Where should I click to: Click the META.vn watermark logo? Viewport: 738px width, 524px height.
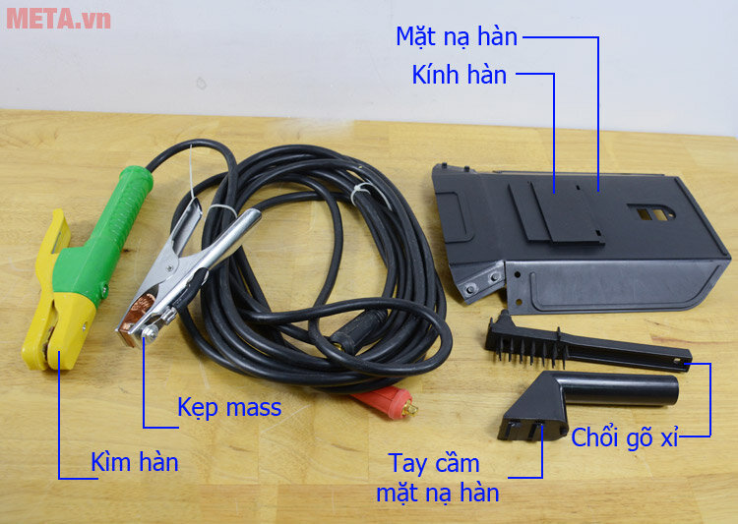click(58, 19)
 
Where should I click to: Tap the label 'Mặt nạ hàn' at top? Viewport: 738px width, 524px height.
click(457, 36)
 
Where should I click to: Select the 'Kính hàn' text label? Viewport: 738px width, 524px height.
click(459, 75)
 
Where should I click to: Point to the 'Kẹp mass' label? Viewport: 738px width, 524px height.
click(229, 407)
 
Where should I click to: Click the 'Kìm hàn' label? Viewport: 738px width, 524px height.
click(135, 461)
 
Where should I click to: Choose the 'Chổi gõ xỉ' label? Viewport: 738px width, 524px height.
click(625, 437)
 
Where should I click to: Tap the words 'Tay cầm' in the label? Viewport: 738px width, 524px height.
click(434, 464)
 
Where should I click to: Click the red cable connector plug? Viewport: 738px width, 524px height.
click(384, 403)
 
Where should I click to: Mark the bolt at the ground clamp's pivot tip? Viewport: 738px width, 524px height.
click(151, 333)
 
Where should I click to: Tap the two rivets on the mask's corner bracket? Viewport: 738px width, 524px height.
click(481, 282)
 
